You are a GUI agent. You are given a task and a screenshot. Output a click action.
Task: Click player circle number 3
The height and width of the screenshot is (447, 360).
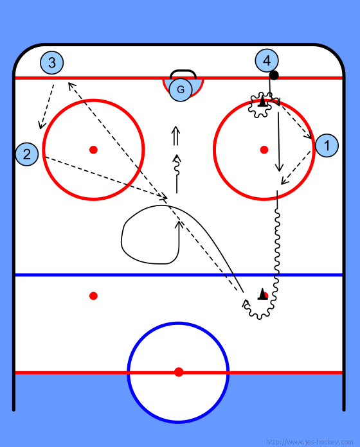(x=51, y=62)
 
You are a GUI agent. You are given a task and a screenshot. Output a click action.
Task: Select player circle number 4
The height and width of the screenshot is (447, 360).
(x=267, y=60)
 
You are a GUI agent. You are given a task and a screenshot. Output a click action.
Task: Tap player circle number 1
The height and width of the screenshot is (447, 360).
(x=327, y=145)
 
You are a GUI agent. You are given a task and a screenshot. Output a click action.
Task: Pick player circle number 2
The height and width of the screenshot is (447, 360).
(x=27, y=154)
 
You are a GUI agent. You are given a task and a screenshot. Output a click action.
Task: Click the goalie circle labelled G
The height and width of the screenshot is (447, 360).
(x=181, y=89)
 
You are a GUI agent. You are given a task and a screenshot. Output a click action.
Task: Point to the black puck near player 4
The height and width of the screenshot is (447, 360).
(x=274, y=75)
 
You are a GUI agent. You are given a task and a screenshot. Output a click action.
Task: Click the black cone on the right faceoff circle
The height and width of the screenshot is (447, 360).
(x=262, y=101)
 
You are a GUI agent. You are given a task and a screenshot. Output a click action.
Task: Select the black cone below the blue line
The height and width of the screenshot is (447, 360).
(x=262, y=294)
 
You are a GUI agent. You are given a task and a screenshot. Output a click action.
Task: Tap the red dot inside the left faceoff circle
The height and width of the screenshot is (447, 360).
(x=93, y=150)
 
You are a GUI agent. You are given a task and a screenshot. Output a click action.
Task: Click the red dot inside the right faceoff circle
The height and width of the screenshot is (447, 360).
(x=264, y=150)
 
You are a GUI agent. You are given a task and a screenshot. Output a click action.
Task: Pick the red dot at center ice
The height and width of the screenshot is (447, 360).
(x=179, y=372)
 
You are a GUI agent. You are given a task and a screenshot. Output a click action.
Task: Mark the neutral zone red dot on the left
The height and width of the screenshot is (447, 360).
(x=93, y=296)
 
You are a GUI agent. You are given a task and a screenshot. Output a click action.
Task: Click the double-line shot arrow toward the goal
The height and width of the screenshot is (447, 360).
(x=175, y=136)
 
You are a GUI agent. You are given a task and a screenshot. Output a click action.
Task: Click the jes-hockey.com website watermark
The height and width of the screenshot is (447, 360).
(x=310, y=442)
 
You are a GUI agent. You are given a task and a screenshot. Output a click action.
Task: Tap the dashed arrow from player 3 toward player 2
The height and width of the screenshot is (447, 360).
(x=46, y=107)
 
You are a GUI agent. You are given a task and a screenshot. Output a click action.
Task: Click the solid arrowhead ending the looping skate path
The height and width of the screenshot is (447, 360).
(x=179, y=225)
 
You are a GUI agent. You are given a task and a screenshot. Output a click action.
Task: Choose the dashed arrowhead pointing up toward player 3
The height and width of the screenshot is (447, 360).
(x=71, y=86)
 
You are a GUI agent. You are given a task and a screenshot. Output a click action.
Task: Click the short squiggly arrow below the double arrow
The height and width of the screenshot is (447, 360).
(x=177, y=174)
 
